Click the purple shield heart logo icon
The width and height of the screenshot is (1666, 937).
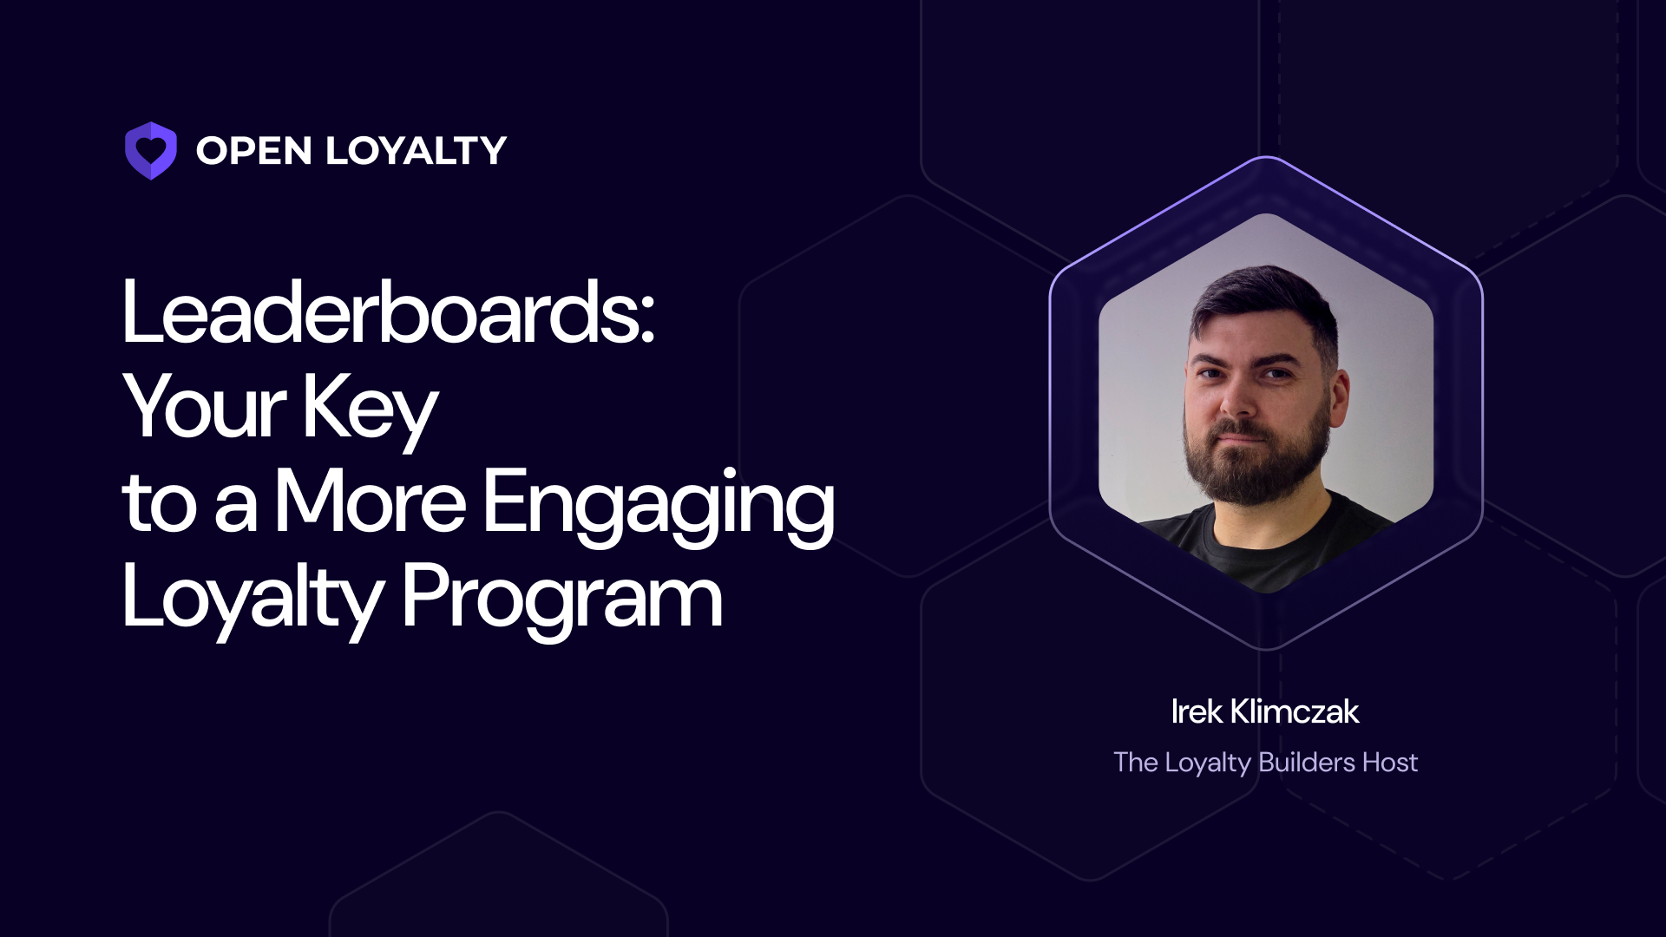[x=151, y=151]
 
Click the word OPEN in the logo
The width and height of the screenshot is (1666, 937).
[x=253, y=151]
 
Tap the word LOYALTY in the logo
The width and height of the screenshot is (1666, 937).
[x=416, y=151]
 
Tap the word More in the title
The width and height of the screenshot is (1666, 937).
[x=371, y=501]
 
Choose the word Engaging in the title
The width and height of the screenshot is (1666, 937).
[x=658, y=503]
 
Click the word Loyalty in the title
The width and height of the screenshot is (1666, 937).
[x=252, y=597]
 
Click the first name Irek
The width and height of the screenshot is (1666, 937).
[x=1197, y=712]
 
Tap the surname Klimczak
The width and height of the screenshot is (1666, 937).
[x=1295, y=712]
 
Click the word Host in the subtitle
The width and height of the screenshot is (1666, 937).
[x=1390, y=763]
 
